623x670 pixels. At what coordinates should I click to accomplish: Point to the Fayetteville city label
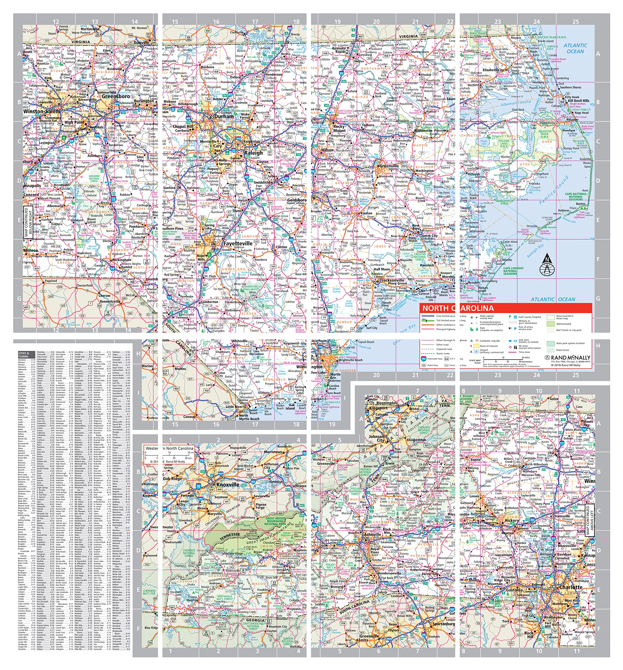238,243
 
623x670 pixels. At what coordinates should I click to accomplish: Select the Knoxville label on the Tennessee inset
228,485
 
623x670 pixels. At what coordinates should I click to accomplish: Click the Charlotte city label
571,587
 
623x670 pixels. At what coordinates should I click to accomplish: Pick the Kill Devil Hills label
579,101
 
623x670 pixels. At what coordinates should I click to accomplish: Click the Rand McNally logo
568,358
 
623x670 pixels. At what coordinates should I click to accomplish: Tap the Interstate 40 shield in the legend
424,359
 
